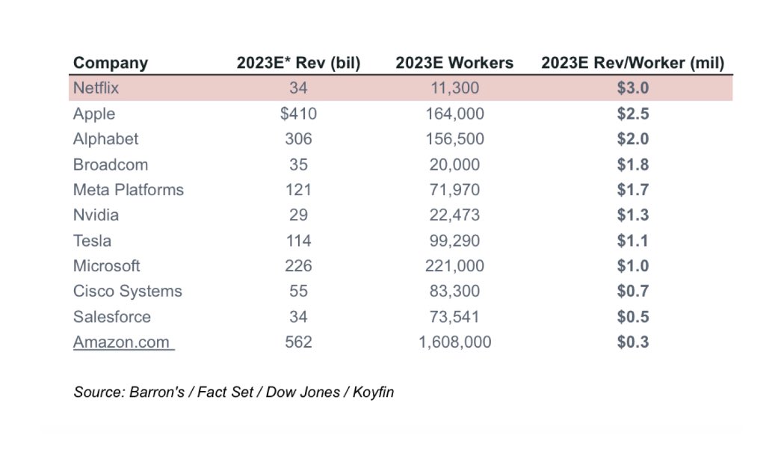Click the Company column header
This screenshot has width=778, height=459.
click(111, 63)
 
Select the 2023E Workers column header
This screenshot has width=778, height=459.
click(454, 63)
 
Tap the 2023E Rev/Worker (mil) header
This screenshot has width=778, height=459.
click(632, 63)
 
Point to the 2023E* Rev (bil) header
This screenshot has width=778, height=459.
click(298, 63)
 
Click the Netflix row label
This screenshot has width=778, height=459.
click(96, 88)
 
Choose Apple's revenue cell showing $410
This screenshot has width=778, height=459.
click(298, 114)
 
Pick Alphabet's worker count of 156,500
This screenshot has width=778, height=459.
click(454, 139)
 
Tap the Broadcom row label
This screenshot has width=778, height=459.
click(111, 164)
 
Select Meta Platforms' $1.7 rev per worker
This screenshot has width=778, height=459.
click(632, 190)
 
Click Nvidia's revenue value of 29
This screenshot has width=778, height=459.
click(298, 215)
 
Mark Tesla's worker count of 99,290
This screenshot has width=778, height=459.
click(454, 241)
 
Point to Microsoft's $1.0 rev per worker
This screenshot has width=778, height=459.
click(632, 266)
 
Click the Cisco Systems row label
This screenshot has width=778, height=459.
click(127, 292)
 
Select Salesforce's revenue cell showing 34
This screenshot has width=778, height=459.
click(298, 317)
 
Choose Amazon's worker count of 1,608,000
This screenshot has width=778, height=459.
click(454, 342)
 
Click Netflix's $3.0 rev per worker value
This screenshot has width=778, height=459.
click(632, 88)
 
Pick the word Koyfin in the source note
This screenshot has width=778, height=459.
click(371, 392)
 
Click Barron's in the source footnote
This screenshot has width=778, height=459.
click(158, 392)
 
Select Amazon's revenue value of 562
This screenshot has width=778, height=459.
click(298, 342)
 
